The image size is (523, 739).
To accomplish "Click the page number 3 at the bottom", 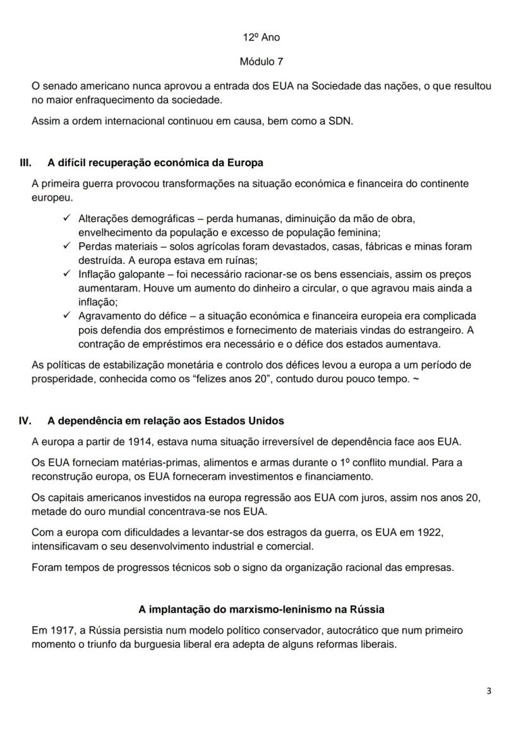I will [x=489, y=690].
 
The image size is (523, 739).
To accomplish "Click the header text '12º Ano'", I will [x=261, y=37].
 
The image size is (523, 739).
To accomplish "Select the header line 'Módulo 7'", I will [x=261, y=62].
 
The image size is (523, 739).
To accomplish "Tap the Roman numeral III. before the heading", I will [x=26, y=162].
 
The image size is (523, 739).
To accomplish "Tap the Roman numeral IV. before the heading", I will [x=26, y=420].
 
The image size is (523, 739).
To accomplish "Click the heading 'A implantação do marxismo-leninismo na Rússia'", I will [x=261, y=610].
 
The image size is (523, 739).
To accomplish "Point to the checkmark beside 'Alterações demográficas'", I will [x=67, y=218].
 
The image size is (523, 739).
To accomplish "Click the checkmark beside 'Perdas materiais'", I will [x=67, y=246].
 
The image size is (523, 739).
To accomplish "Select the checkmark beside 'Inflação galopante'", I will [x=67, y=275].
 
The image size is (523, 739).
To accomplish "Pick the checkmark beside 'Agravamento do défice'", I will [x=67, y=316].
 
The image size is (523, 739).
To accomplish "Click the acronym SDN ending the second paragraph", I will [x=339, y=121].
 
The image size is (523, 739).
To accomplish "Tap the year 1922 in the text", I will [x=430, y=533].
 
